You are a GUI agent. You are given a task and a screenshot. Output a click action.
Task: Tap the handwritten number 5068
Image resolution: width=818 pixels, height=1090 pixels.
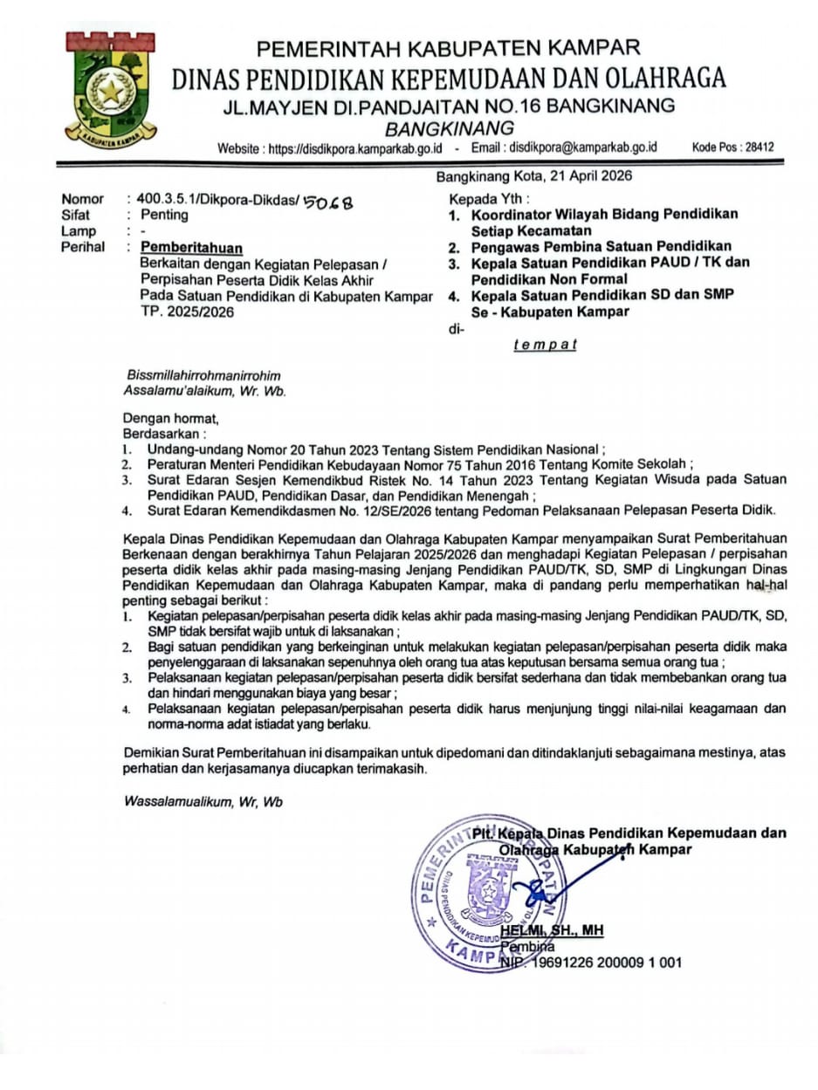327,202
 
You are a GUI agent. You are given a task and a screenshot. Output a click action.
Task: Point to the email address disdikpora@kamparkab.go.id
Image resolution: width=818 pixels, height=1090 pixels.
583,148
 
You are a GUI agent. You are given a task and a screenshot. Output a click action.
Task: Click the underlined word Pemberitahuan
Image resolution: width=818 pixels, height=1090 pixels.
192,248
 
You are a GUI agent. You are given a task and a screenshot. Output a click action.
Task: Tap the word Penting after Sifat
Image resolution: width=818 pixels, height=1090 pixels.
164,215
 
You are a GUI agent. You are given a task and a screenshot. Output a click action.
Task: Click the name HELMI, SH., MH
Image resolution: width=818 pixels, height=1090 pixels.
564,931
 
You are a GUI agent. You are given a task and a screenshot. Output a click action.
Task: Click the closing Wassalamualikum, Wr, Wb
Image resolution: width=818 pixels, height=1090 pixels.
203,802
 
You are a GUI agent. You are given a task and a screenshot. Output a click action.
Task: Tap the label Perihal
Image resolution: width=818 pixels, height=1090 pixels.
82,247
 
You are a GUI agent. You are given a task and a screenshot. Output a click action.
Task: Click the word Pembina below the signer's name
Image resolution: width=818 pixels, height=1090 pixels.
528,948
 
